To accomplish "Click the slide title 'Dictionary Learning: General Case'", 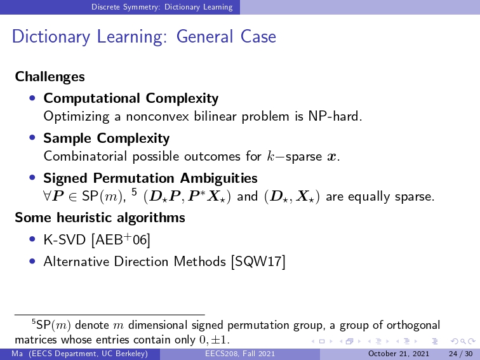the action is pyautogui.click(x=144, y=37).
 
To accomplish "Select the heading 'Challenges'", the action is pyautogui.click(x=50, y=77).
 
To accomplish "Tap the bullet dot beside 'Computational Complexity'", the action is pyautogui.click(x=32, y=98).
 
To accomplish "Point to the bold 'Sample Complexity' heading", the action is pyautogui.click(x=107, y=138).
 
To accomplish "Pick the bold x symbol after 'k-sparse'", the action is pyautogui.click(x=331, y=157).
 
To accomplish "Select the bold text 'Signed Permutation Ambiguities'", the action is pyautogui.click(x=150, y=178).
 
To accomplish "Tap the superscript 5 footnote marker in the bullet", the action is pyautogui.click(x=134, y=192).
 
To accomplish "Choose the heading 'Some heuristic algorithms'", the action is pyautogui.click(x=100, y=218).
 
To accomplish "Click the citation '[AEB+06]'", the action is pyautogui.click(x=121, y=239).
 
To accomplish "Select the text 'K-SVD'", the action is pyautogui.click(x=65, y=240).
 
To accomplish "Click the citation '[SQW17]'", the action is pyautogui.click(x=258, y=262).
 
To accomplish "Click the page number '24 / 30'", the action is pyautogui.click(x=461, y=354).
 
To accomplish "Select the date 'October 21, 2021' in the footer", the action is pyautogui.click(x=399, y=354).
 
